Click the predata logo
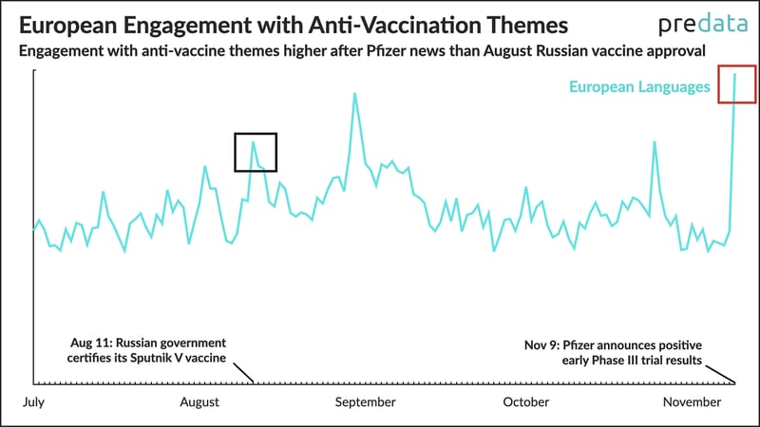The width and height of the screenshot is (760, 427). pos(703,25)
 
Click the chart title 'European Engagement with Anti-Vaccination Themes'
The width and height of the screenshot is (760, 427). pos(294,26)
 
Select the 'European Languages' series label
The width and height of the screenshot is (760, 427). pos(639,86)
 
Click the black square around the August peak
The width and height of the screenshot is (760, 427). pos(235,152)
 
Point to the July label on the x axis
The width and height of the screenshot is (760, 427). pos(33,402)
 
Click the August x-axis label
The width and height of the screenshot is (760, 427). pos(199,402)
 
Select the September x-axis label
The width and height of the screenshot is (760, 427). pos(365,402)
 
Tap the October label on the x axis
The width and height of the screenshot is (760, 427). pos(526,401)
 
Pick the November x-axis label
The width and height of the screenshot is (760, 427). pos(692,401)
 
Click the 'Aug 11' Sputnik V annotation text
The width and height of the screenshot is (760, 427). pos(146,350)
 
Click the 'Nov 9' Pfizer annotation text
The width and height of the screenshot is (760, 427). pos(613,352)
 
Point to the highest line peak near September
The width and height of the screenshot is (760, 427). pos(354,93)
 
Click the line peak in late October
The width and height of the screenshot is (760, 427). pos(655,141)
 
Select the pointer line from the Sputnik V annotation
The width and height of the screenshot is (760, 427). pos(243,373)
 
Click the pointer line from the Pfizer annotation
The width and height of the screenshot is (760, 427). pos(720,375)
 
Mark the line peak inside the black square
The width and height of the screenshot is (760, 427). pos(253,142)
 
